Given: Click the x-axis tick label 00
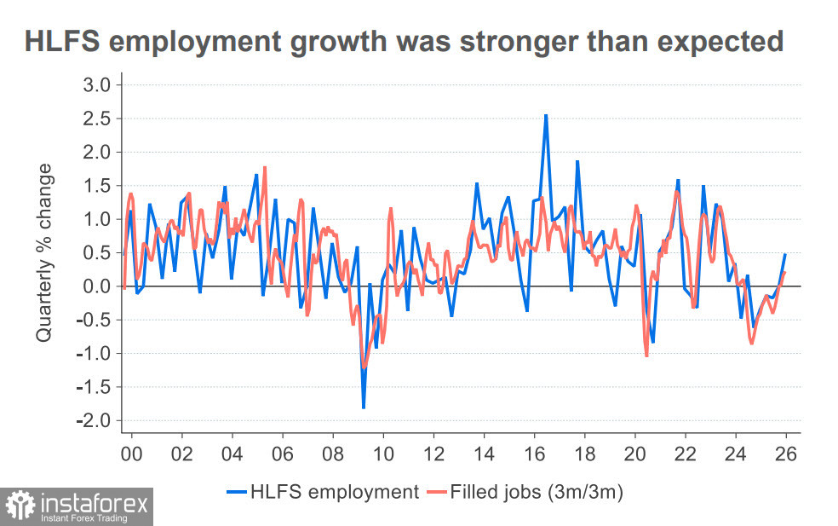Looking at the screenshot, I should [x=131, y=454].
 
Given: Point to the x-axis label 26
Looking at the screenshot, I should [x=786, y=454].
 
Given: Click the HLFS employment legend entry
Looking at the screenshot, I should [x=323, y=492].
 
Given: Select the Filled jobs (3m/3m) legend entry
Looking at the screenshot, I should [x=528, y=492].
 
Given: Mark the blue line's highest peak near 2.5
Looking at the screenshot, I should [x=546, y=115].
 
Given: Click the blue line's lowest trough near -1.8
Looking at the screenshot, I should [x=364, y=408].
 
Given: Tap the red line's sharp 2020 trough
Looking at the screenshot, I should [x=646, y=355].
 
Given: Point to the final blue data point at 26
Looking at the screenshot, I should [x=784, y=255].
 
